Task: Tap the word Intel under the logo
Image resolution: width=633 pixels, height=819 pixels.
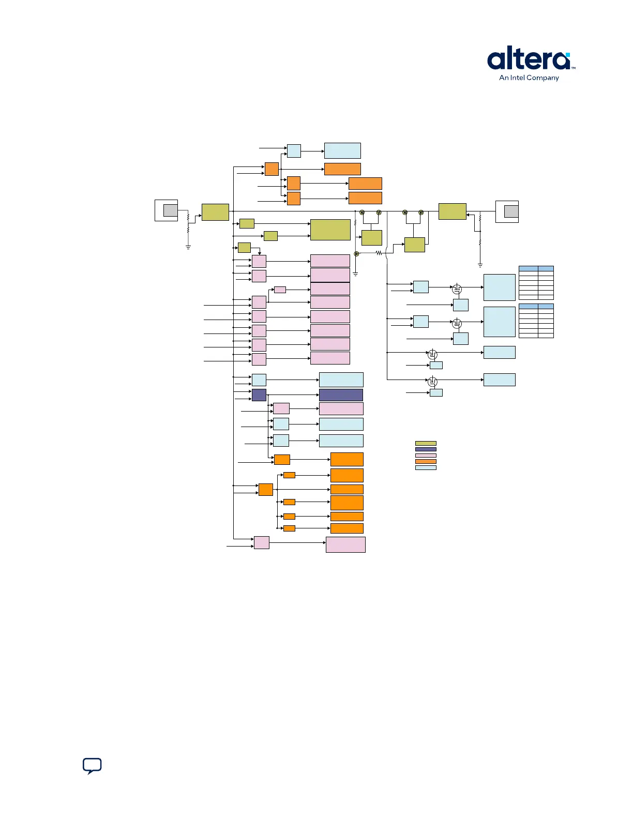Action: click(518, 78)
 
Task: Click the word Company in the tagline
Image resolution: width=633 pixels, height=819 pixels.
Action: click(542, 78)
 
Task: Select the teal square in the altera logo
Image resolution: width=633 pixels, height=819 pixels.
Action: click(568, 54)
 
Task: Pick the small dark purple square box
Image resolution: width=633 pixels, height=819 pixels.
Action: click(259, 395)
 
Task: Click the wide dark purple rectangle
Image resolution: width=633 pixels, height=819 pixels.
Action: click(341, 395)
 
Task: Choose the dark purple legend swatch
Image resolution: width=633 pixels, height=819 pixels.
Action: click(426, 449)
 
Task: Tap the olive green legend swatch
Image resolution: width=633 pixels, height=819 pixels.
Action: click(426, 443)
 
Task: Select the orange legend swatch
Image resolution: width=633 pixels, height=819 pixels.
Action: click(426, 461)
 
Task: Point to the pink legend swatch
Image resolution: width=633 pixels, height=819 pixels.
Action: click(426, 456)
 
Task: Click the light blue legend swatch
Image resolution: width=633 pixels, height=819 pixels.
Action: click(426, 467)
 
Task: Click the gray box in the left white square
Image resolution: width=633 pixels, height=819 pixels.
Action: click(170, 210)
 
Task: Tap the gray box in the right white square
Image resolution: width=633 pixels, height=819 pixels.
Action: click(511, 211)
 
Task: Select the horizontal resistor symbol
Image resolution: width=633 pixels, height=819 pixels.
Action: click(379, 253)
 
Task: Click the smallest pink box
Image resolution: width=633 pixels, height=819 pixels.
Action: click(280, 290)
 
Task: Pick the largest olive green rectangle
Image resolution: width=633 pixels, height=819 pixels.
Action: click(330, 230)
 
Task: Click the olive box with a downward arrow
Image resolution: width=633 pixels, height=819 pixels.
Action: click(244, 248)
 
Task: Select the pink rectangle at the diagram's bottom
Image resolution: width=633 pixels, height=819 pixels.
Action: click(345, 544)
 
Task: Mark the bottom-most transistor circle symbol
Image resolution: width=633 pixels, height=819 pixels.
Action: click(433, 382)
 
